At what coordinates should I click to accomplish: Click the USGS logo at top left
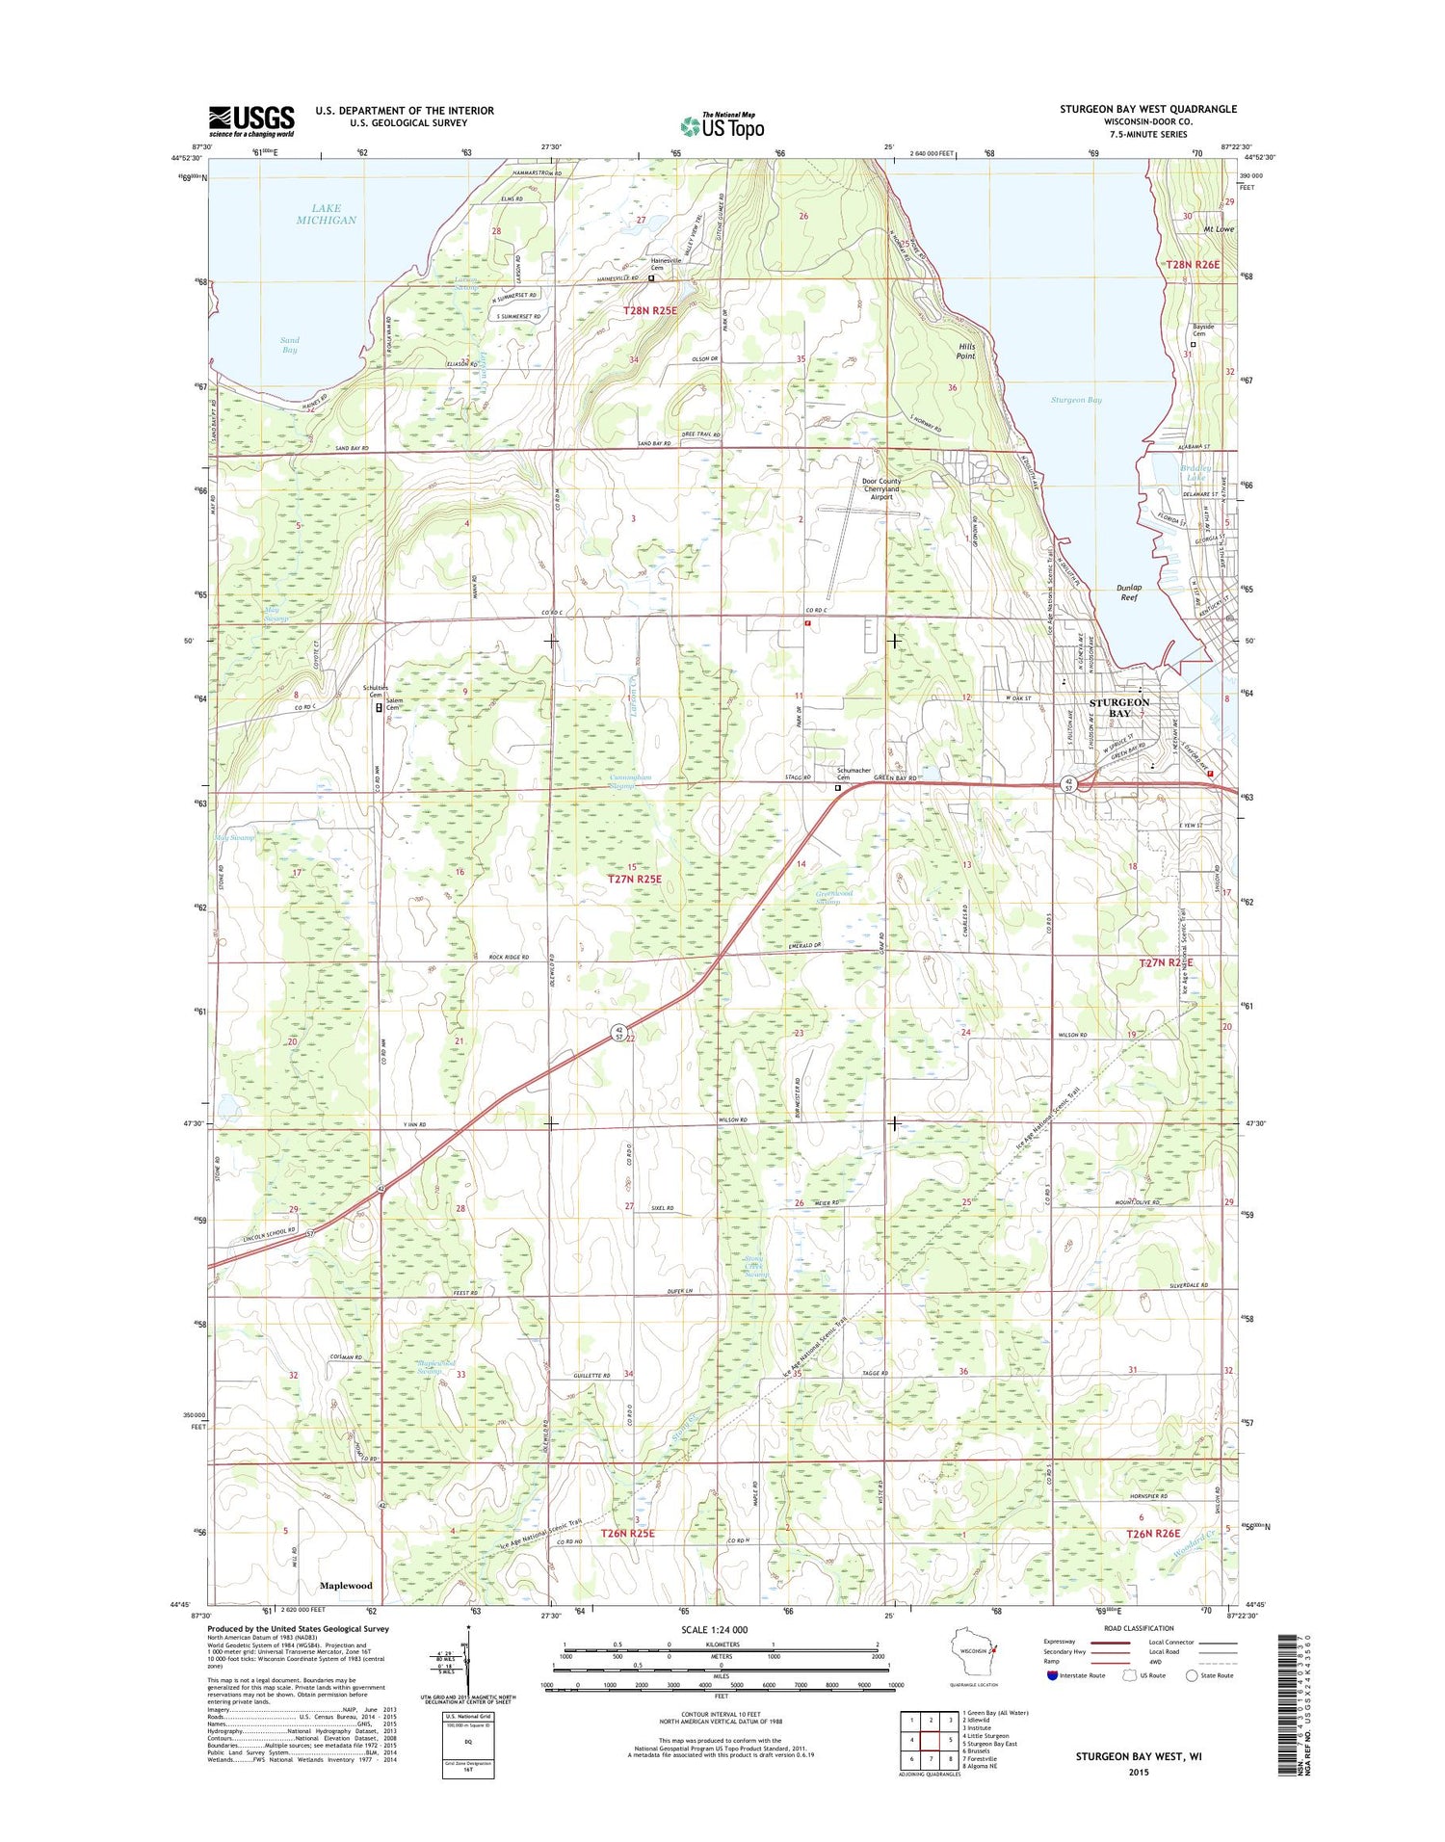[251, 121]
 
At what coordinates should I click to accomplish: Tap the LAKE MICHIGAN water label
[326, 214]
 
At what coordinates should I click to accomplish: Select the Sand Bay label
[289, 345]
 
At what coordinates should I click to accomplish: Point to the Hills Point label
[965, 352]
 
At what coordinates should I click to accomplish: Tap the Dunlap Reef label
[1128, 592]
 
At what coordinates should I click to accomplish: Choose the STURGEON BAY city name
[1119, 707]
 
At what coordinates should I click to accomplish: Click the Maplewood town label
[346, 1585]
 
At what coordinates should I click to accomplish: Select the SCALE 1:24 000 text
[712, 1630]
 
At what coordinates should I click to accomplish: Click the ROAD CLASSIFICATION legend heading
[1139, 1628]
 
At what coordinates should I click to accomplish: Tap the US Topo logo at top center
[722, 124]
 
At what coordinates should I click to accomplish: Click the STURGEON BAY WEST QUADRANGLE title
[1148, 109]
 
